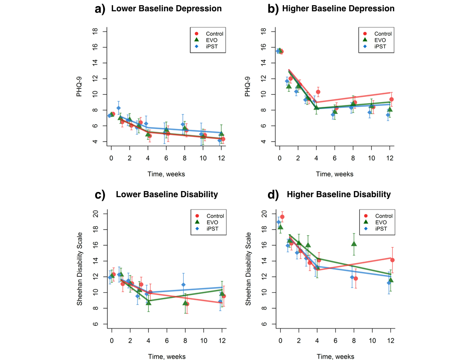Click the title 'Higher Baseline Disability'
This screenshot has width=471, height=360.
click(339, 194)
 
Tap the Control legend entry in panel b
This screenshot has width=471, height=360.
click(382, 33)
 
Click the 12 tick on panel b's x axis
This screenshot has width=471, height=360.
click(390, 160)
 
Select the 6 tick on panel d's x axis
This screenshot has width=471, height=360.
click(335, 341)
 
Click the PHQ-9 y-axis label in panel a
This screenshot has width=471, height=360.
click(80, 87)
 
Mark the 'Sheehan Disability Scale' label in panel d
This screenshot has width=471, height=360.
click(248, 269)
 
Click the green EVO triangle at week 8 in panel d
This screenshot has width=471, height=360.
click(354, 244)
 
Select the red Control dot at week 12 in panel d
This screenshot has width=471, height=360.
click(392, 260)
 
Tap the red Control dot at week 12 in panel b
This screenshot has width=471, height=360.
click(391, 99)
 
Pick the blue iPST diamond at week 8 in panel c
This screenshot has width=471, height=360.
click(183, 285)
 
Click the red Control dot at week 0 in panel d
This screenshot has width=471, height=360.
click(283, 217)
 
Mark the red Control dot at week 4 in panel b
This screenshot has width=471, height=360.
click(318, 92)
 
